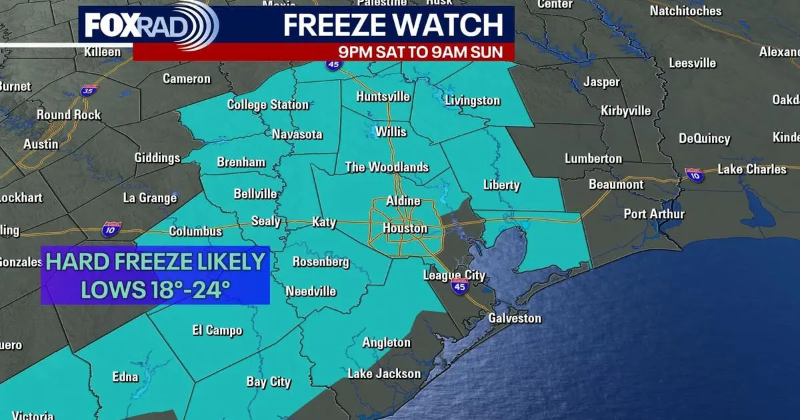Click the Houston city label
tap(405, 229)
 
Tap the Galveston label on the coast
tap(515, 318)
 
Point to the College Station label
tap(268, 105)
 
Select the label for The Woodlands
tap(387, 167)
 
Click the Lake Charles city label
tap(752, 169)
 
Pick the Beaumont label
tap(615, 185)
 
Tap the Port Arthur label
tap(654, 214)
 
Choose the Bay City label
tap(269, 382)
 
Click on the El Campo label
tap(217, 331)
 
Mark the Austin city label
tap(41, 144)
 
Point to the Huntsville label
tap(383, 97)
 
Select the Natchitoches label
tap(685, 11)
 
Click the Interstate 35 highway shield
tap(89, 90)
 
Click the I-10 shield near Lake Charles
tap(693, 175)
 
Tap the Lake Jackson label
tap(384, 373)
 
